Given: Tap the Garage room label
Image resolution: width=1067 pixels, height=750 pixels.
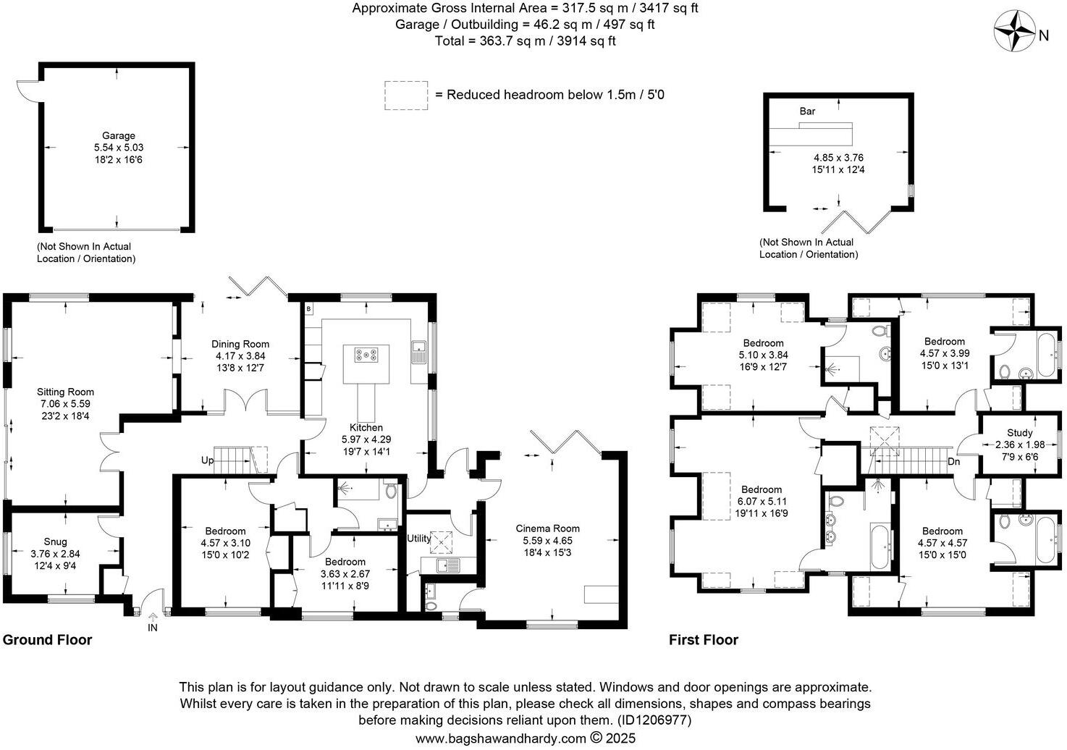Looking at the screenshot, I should (118, 135).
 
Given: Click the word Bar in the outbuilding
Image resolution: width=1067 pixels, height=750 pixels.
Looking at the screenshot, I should (807, 111).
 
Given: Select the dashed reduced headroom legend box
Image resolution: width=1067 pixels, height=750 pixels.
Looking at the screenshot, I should (406, 96).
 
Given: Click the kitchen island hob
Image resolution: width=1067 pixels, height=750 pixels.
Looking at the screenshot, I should (366, 355).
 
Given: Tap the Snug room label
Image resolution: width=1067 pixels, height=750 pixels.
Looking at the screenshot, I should (55, 542).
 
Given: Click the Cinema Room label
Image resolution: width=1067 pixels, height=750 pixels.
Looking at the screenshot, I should (547, 528).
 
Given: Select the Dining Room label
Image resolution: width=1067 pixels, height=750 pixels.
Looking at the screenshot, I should (240, 345).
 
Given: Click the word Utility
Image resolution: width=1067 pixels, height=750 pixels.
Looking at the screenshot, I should (418, 539).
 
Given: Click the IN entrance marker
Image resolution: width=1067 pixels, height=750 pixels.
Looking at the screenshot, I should (153, 628).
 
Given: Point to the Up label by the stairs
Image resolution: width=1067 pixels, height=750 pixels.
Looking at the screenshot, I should (207, 460).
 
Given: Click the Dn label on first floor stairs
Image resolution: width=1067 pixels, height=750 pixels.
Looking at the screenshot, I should (953, 461).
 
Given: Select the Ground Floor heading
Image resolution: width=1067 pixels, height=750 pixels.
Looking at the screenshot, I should (48, 640).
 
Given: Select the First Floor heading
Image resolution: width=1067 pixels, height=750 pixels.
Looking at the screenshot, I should (703, 640).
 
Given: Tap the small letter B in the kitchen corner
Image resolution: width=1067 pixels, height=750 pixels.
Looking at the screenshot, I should (309, 309).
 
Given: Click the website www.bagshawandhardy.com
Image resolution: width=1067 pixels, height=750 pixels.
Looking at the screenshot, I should (500, 738).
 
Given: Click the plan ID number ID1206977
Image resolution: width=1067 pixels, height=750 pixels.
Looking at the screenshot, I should (653, 720).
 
